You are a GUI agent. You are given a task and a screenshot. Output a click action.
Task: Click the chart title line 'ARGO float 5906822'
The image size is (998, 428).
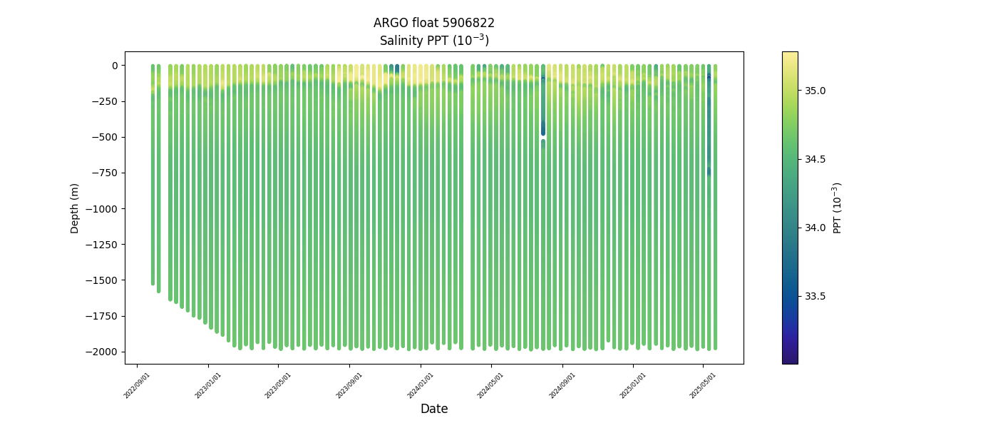tap(433, 23)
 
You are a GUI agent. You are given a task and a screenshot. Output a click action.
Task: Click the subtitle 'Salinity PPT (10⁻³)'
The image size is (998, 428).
tap(433, 41)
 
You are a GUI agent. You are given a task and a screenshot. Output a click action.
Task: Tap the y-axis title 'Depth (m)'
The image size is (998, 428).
tap(75, 208)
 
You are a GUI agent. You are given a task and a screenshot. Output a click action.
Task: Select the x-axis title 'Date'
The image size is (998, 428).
tap(433, 409)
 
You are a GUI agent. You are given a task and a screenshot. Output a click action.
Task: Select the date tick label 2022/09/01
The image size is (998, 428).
tap(138, 385)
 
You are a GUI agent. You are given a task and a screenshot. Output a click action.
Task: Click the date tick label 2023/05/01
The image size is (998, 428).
tap(279, 385)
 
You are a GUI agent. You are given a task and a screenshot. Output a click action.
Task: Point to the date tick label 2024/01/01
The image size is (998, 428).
tap(421, 385)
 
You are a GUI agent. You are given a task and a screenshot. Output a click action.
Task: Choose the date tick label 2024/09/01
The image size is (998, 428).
tap(562, 385)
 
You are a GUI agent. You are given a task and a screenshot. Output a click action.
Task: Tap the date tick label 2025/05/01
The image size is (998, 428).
tap(703, 385)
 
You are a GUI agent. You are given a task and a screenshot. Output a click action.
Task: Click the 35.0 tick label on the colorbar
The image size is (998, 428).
tap(816, 91)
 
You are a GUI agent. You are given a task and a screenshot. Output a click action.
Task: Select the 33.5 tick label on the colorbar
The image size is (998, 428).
tap(816, 296)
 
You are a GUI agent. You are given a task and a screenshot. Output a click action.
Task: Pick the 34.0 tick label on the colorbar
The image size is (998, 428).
tap(816, 228)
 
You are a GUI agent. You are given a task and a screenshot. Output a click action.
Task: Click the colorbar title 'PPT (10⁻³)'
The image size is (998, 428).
tap(838, 208)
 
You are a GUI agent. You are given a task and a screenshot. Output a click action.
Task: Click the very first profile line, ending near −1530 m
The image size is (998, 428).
tap(153, 214)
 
